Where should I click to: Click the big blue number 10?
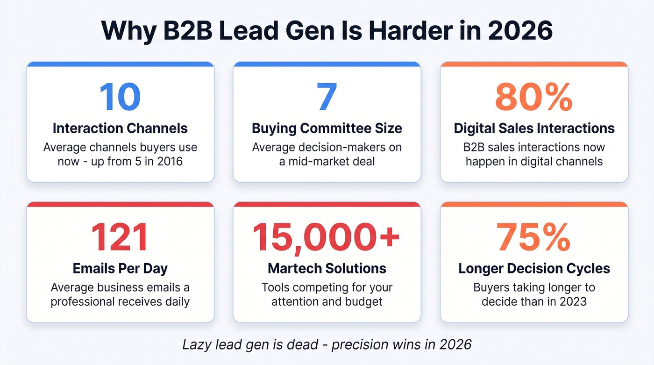pos(120,97)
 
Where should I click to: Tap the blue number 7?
pos(327,97)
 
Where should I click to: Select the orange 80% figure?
pos(534,97)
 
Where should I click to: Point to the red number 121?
pos(120,237)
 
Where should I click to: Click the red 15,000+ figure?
pos(327,237)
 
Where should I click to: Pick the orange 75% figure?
pos(534,237)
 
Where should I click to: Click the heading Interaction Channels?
pos(120,128)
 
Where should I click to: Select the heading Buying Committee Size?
pos(327,128)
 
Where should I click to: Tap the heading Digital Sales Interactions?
pos(534,128)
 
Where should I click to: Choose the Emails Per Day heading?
pos(120,268)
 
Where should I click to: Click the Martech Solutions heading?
pos(327,268)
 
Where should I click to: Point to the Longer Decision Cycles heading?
pos(534,268)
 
